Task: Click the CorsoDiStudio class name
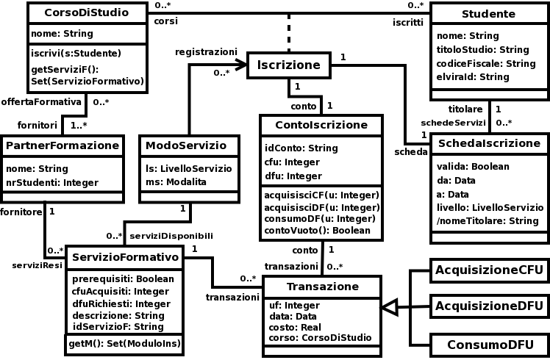[x=87, y=12]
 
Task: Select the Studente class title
[x=488, y=15]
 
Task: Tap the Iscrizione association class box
[x=288, y=65]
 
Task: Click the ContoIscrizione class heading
[x=321, y=125]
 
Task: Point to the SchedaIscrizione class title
[x=488, y=143]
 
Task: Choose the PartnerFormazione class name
[x=62, y=145]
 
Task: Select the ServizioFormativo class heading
[x=125, y=256]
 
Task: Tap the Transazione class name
[x=322, y=286]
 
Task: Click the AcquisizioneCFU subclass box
[x=488, y=270]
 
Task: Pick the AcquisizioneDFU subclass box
[x=488, y=306]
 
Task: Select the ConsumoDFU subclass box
[x=488, y=344]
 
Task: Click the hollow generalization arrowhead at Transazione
[x=390, y=307]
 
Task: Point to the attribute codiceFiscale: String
[x=485, y=63]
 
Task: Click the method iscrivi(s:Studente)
[x=76, y=53]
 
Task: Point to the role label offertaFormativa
[x=40, y=101]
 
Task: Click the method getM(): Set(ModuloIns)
[x=124, y=343]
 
